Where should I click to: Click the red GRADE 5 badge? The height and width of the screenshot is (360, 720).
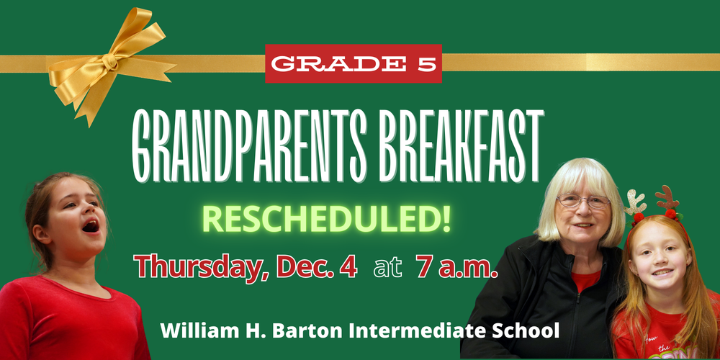coord(353,63)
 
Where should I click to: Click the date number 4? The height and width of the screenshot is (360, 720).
coord(349,267)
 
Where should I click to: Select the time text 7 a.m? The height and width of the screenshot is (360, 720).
coord(456,267)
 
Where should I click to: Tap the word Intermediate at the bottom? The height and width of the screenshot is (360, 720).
coord(418,331)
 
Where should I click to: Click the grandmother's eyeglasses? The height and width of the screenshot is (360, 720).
coord(583,202)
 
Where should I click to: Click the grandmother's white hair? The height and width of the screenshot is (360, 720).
coord(576,176)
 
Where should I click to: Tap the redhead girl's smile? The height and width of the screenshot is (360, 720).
coord(662,273)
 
